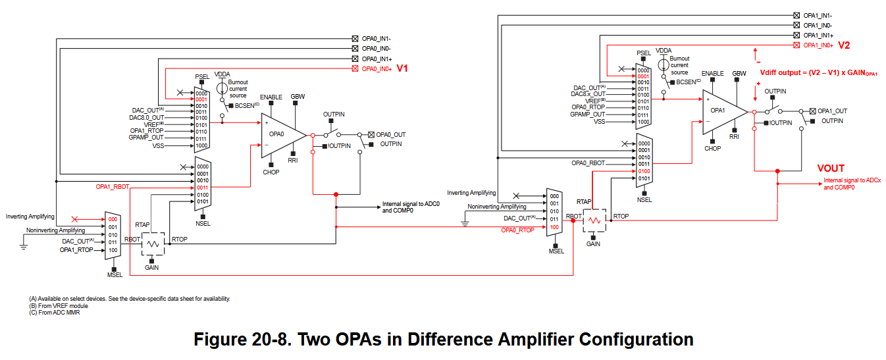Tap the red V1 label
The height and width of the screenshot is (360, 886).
pyautogui.click(x=402, y=68)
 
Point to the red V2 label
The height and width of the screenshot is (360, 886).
pyautogui.click(x=844, y=45)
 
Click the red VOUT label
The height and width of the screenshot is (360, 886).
pyautogui.click(x=831, y=168)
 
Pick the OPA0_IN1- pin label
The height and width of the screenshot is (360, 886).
pyautogui.click(x=376, y=39)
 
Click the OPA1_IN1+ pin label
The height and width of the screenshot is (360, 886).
pyautogui.click(x=818, y=35)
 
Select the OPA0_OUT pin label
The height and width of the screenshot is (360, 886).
pyautogui.click(x=391, y=135)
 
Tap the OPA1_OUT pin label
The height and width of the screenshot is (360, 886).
pyautogui.click(x=832, y=111)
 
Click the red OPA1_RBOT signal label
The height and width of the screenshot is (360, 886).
pyautogui.click(x=113, y=187)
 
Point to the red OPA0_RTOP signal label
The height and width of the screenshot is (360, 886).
pyautogui.click(x=518, y=230)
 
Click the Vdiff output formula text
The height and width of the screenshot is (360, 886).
pyautogui.click(x=819, y=73)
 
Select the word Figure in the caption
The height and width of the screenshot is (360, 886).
pyautogui.click(x=219, y=340)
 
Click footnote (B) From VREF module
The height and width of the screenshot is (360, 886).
pyautogui.click(x=59, y=306)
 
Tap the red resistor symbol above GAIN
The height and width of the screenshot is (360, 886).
pyautogui.click(x=594, y=220)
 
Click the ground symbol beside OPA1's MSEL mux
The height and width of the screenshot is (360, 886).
pyautogui.click(x=465, y=224)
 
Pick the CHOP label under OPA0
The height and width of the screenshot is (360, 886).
pyautogui.click(x=271, y=172)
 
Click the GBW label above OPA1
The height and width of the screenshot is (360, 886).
pyautogui.click(x=739, y=74)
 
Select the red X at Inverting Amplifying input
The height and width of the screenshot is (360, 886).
pyautogui.click(x=74, y=219)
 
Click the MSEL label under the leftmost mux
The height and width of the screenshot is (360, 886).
pyautogui.click(x=115, y=275)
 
